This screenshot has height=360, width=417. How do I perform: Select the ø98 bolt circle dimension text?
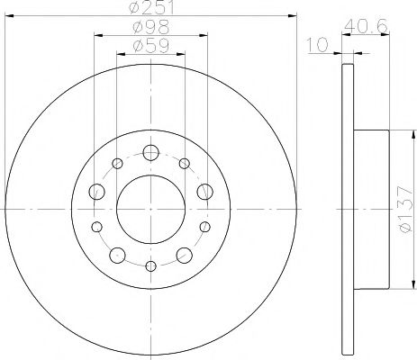click(x=150, y=28)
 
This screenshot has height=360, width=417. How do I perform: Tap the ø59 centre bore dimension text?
click(x=150, y=46)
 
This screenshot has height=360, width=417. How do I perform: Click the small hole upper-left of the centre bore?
click(x=118, y=163)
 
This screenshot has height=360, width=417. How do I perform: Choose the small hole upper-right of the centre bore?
click(x=184, y=163)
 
